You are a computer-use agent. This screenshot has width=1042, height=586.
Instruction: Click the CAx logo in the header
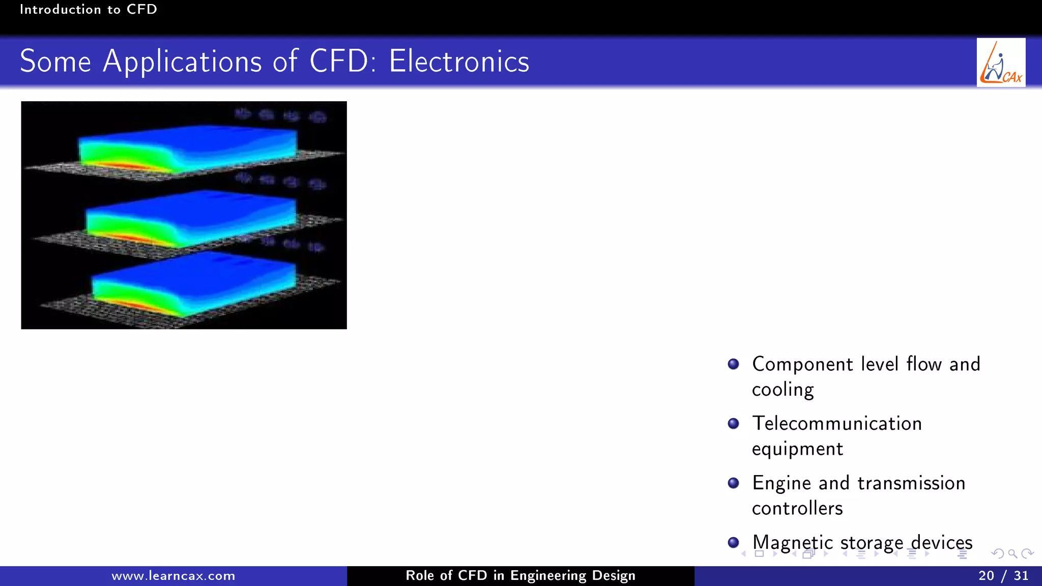tap(1001, 63)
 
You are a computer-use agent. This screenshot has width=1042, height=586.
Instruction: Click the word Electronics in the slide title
tap(459, 62)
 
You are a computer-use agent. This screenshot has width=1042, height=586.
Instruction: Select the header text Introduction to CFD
tap(88, 10)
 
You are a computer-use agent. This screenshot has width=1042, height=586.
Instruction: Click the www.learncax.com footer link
tap(173, 576)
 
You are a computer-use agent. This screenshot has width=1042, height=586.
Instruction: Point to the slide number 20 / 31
tap(1003, 576)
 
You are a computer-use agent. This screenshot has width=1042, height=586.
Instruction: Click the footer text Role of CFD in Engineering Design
tap(520, 576)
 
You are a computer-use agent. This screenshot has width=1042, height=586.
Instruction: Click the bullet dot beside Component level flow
tap(733, 364)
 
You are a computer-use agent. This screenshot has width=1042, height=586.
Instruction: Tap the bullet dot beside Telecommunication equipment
tap(733, 424)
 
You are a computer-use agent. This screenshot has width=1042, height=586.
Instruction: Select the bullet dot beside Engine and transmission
tap(733, 483)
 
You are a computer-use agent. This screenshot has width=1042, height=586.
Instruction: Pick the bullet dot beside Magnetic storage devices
tap(733, 542)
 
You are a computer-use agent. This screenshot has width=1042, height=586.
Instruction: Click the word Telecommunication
tap(837, 424)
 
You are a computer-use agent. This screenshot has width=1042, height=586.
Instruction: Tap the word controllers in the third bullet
tap(797, 508)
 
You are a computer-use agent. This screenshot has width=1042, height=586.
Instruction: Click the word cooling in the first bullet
tap(783, 390)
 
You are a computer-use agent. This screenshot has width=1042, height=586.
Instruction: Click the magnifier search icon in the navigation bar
tap(1012, 553)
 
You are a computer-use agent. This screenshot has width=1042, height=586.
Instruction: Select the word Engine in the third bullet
tap(781, 483)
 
